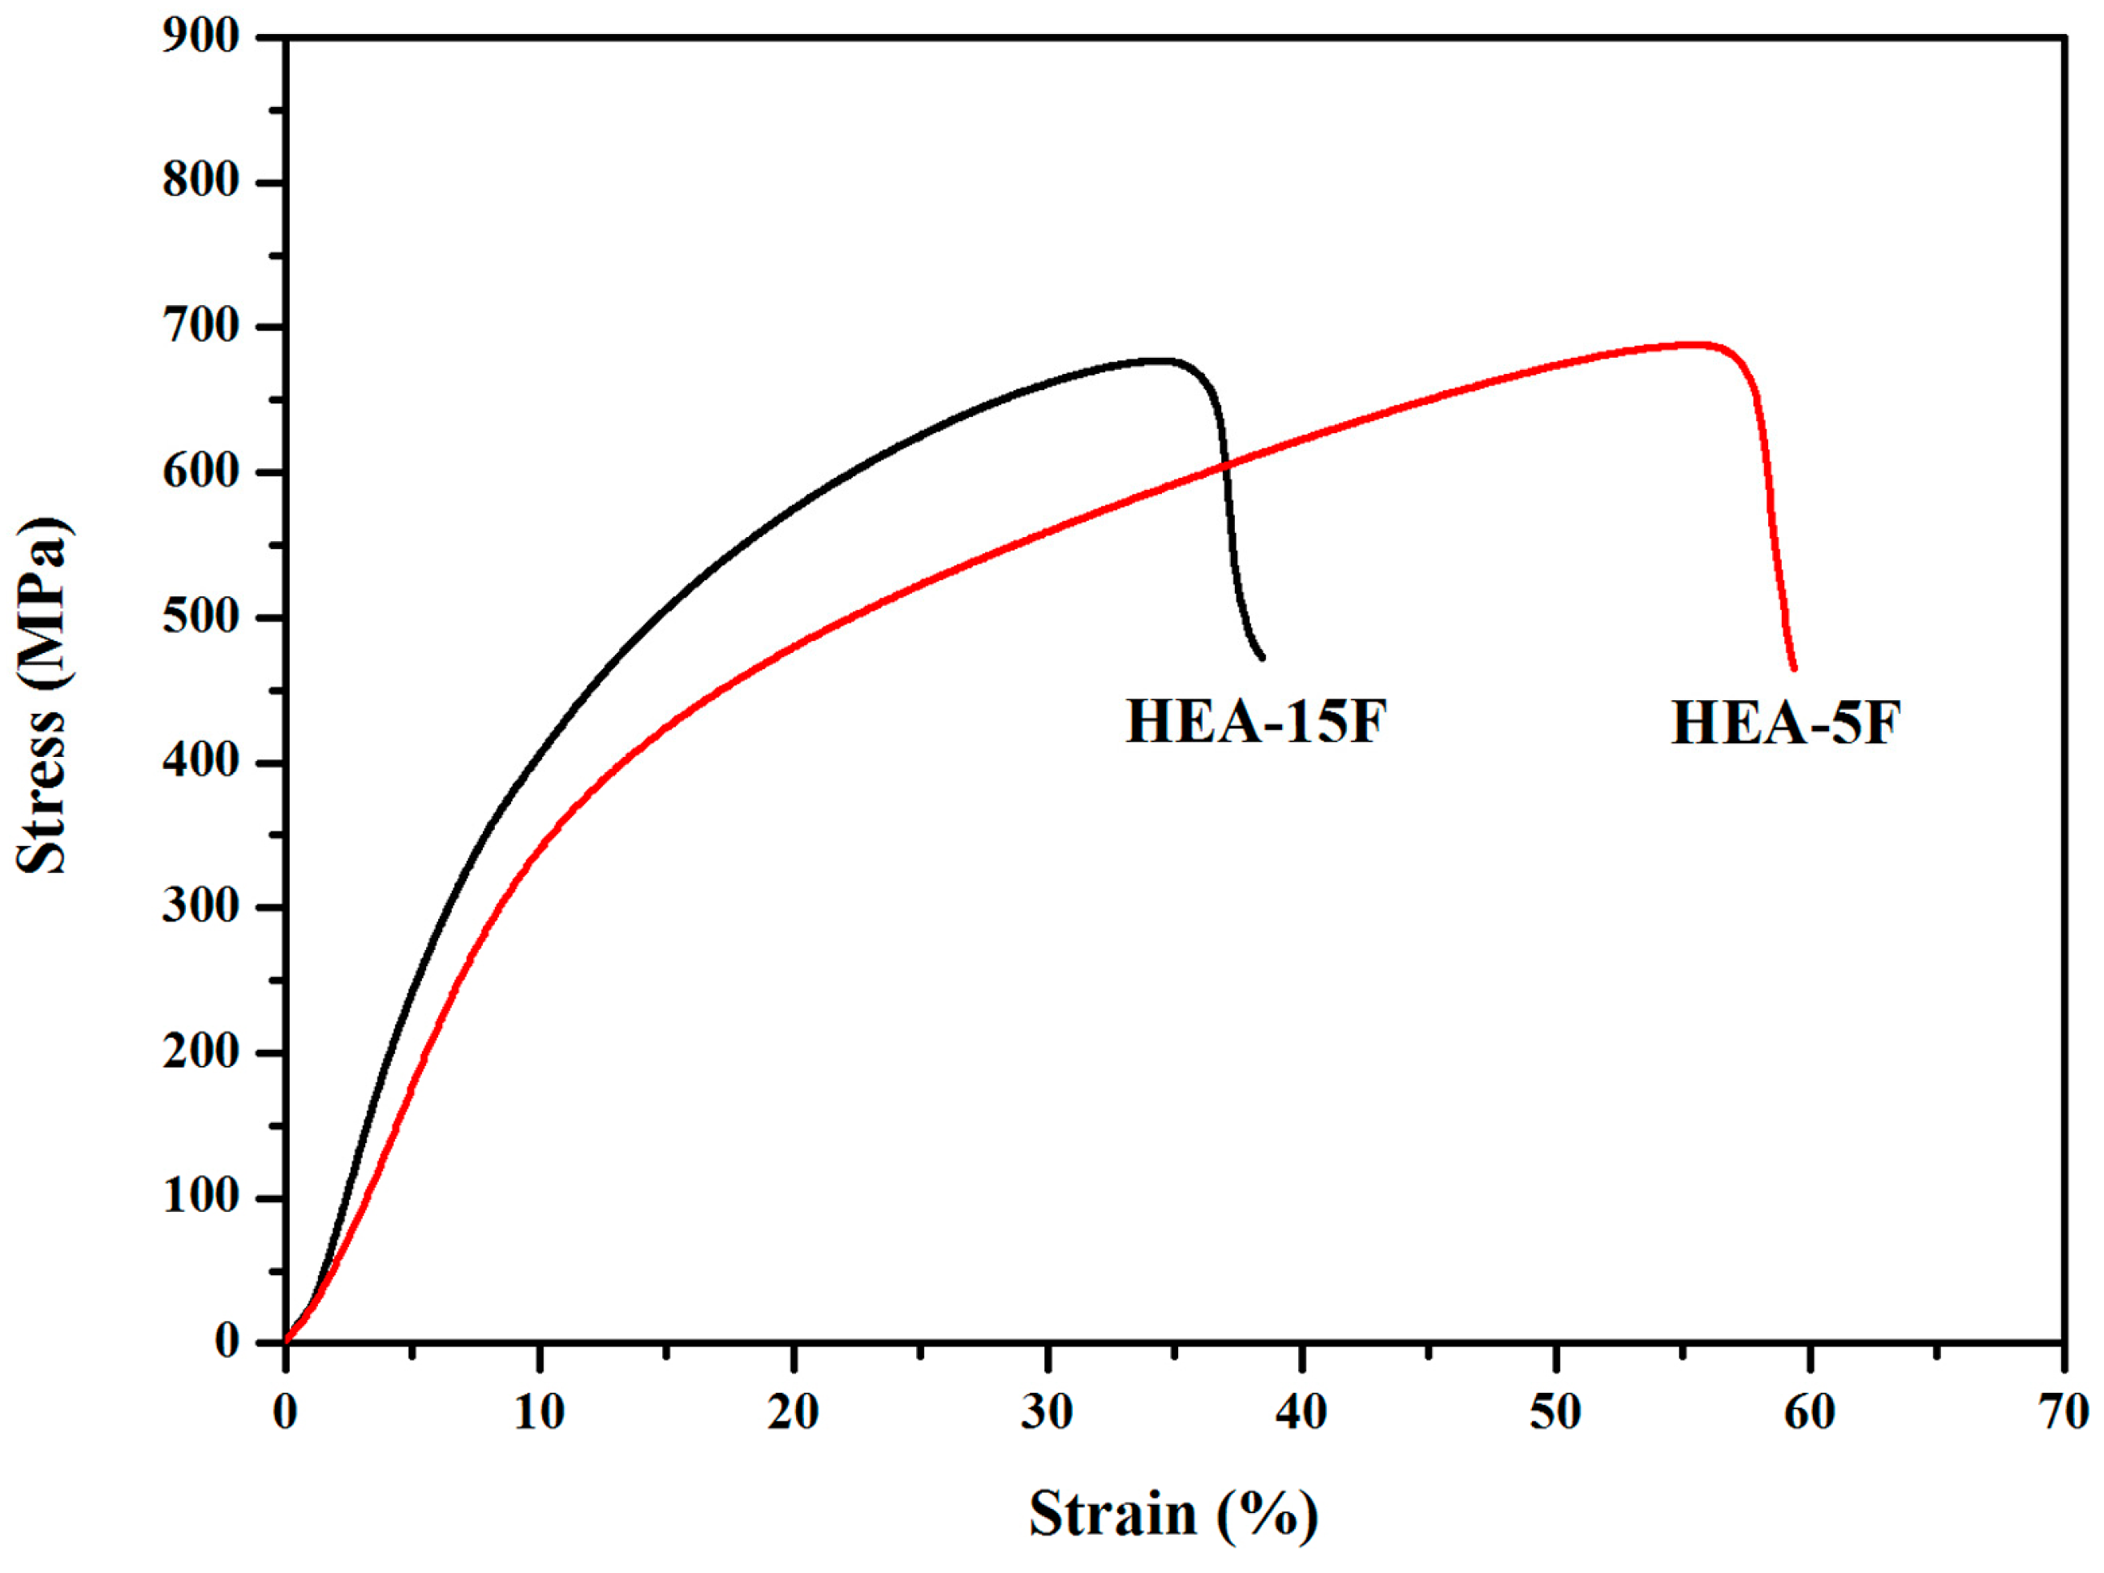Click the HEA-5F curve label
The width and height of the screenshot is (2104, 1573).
pyautogui.click(x=1785, y=724)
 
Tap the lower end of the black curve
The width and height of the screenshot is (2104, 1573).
pyautogui.click(x=1263, y=657)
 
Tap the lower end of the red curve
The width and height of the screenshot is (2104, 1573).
pyautogui.click(x=1794, y=668)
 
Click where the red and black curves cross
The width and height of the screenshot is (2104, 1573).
pyautogui.click(x=1226, y=465)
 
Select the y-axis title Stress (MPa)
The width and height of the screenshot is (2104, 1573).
pyautogui.click(x=43, y=695)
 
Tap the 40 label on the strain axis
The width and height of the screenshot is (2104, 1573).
pyautogui.click(x=1302, y=1412)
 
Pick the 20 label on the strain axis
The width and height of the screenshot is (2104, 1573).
pyautogui.click(x=794, y=1412)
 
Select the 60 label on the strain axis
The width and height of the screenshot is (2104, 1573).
pyautogui.click(x=1809, y=1412)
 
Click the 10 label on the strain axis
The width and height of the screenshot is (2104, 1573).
pyautogui.click(x=540, y=1412)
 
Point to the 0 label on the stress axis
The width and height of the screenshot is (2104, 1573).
pyautogui.click(x=226, y=1342)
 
